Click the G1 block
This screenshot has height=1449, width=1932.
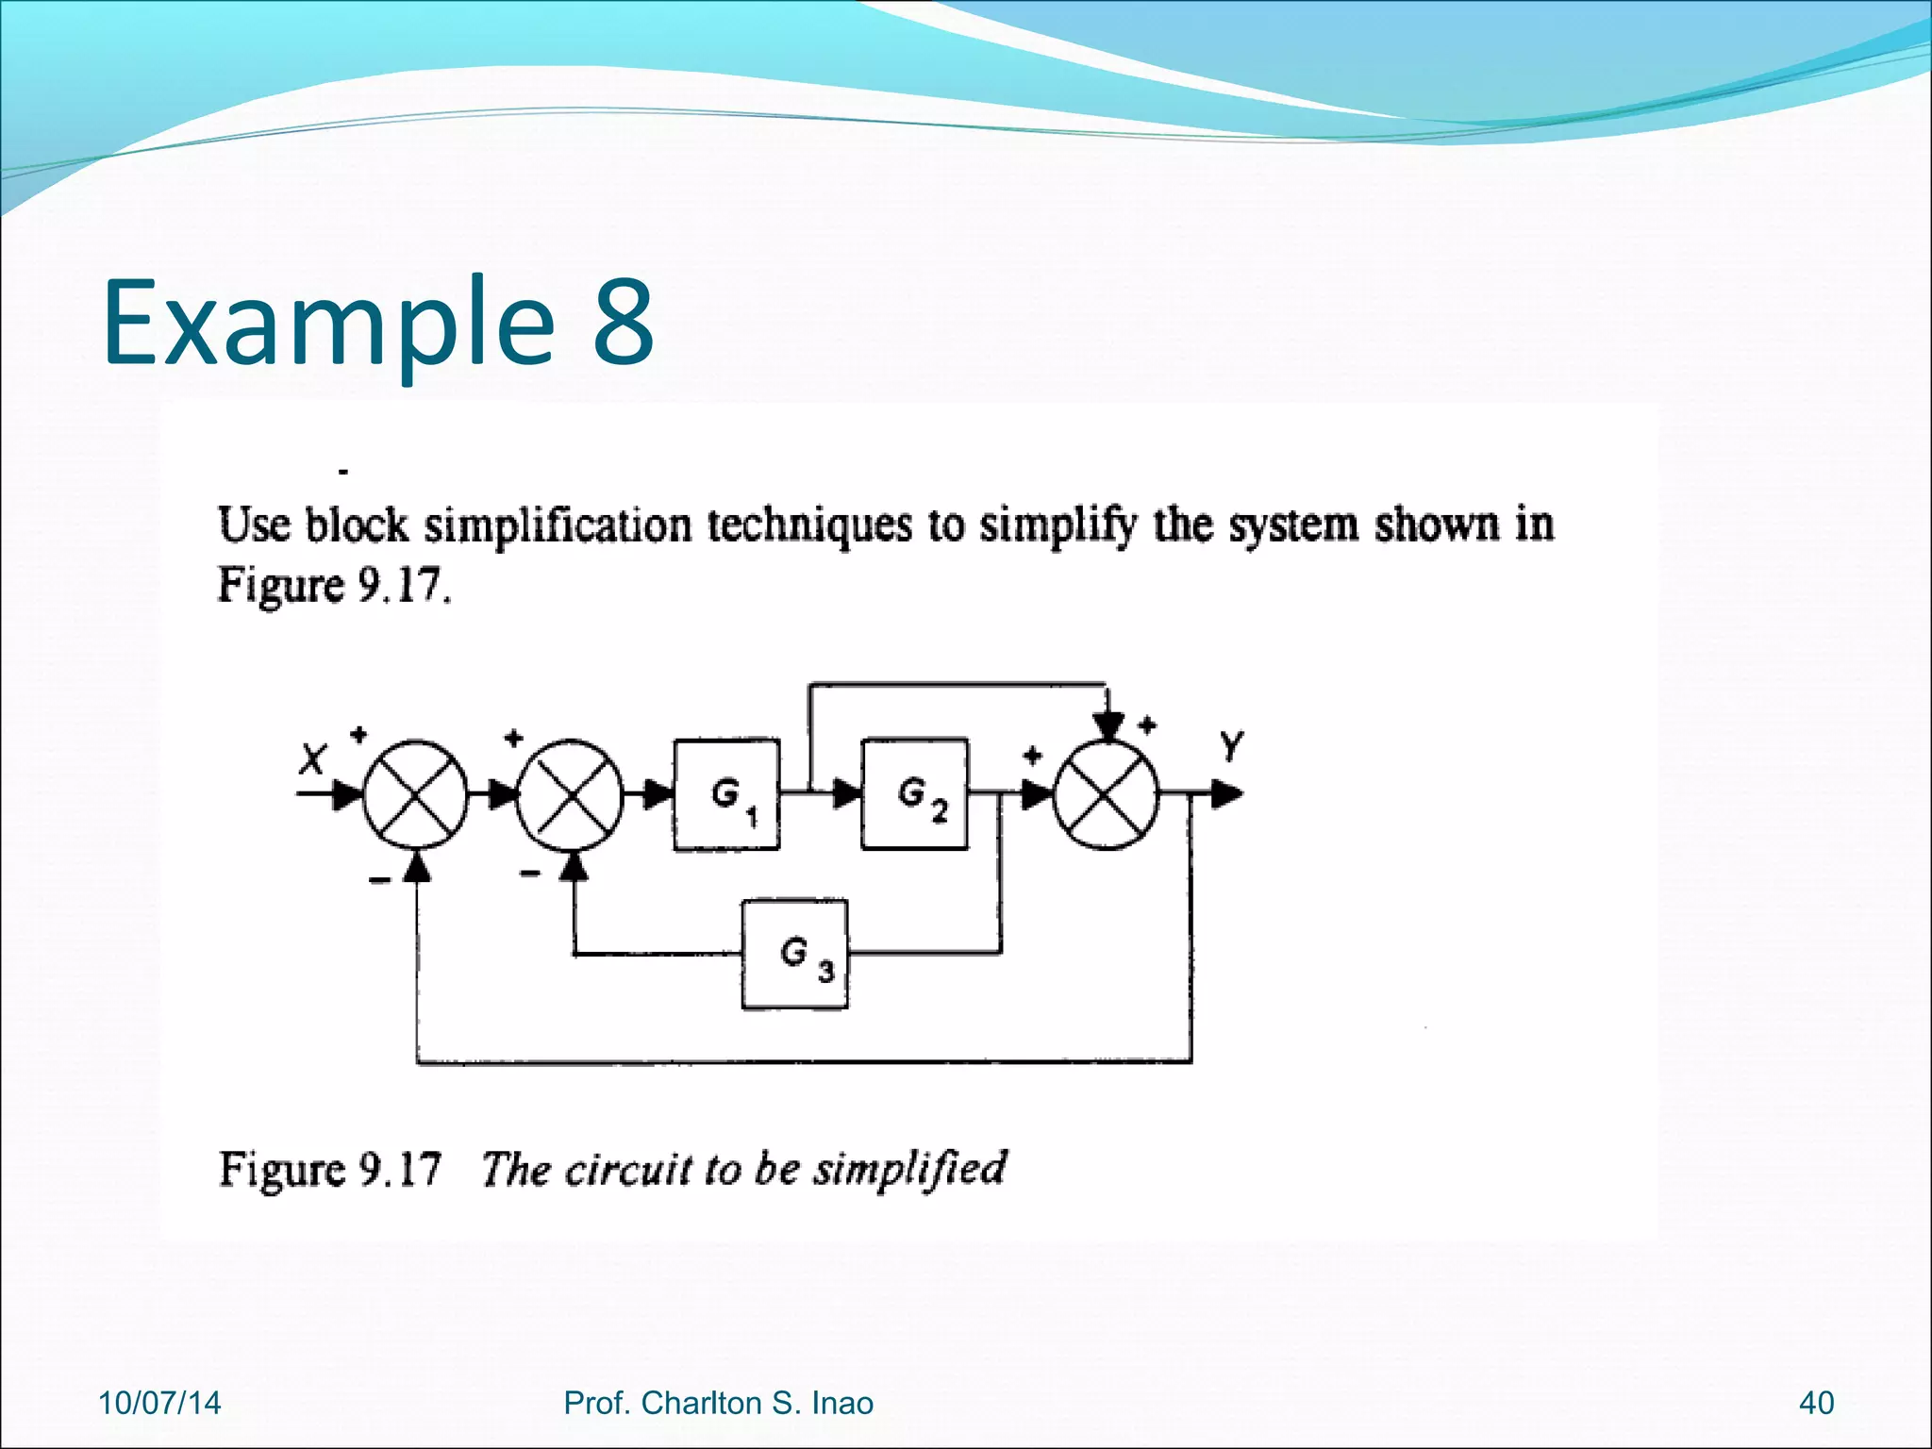coord(726,794)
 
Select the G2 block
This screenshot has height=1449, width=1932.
coord(914,794)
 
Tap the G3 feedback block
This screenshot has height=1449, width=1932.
coord(794,954)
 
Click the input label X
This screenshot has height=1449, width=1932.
coord(312,758)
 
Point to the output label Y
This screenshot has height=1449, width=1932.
coord(1231,746)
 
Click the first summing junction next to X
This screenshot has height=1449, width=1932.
coord(415,794)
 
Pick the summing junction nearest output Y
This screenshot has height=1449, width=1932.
coord(1106,794)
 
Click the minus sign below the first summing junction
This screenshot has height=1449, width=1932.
coord(378,880)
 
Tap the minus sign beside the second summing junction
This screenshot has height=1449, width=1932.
coord(530,873)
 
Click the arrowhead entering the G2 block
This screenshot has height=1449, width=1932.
coord(845,794)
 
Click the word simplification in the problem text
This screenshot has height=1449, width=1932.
coord(558,525)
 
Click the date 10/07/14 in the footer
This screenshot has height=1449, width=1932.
coord(159,1403)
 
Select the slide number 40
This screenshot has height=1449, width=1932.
coord(1816,1403)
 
